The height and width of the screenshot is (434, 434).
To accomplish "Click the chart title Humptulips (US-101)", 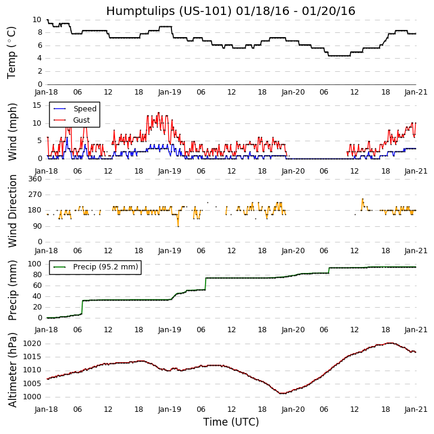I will [231, 11].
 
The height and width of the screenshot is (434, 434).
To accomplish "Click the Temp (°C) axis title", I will [12, 52].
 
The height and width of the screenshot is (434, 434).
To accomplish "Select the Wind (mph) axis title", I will [12, 131].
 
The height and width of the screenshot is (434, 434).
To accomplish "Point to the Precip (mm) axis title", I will [12, 290].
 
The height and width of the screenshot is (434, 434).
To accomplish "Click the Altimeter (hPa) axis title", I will [12, 369].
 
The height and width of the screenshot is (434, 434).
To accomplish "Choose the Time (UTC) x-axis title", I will [231, 422].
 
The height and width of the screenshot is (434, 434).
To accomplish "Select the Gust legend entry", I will [81, 120].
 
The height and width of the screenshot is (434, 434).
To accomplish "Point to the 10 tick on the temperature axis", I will [37, 20].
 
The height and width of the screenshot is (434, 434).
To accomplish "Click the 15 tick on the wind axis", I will [37, 105].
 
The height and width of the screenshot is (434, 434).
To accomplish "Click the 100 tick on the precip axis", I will [35, 264].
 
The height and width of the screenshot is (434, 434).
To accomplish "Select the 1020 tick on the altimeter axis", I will [32, 344].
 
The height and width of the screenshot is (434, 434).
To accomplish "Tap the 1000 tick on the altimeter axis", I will [32, 397].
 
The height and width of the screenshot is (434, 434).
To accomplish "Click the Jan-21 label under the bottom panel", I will [415, 409].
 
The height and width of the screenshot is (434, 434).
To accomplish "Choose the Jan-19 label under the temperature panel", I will [170, 92].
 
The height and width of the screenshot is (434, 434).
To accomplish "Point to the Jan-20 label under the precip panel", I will [293, 330].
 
